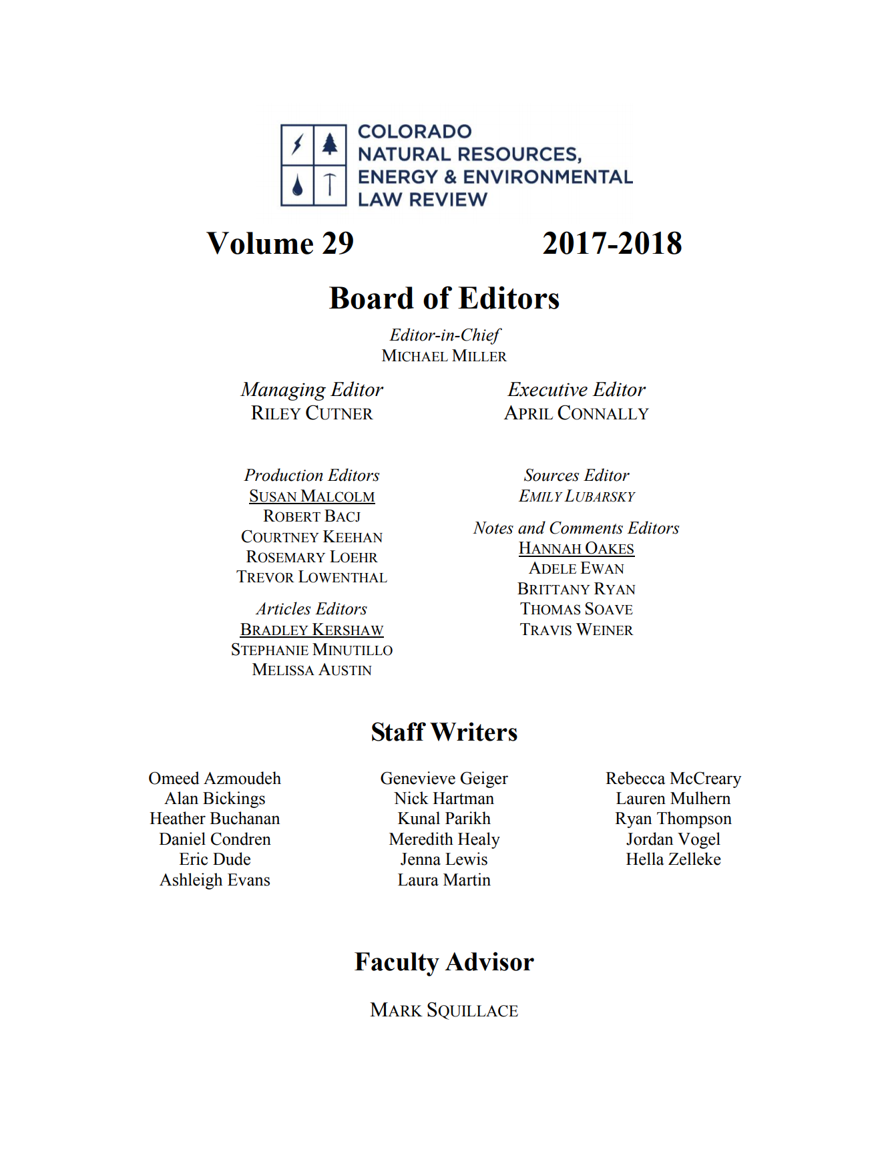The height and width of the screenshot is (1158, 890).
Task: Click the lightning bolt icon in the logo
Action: (x=297, y=144)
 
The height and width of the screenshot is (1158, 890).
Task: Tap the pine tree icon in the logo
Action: (x=330, y=144)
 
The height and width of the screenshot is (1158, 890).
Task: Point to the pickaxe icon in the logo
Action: (x=330, y=184)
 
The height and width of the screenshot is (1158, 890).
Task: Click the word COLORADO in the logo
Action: (x=415, y=132)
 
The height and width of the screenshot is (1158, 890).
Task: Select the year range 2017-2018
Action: (x=612, y=243)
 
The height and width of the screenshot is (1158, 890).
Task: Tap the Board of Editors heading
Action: (x=444, y=299)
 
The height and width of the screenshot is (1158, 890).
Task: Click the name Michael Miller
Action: (x=444, y=356)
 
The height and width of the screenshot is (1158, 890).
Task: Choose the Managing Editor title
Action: (x=312, y=389)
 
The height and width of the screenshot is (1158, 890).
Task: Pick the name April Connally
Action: (x=576, y=413)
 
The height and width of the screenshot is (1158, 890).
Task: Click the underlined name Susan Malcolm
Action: (x=312, y=496)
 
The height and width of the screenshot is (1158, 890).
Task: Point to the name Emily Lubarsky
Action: (x=576, y=496)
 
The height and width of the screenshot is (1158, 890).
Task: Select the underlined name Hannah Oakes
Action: (x=576, y=548)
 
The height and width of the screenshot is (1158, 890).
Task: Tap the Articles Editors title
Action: (x=312, y=609)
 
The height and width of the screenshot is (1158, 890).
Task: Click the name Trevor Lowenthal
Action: (x=312, y=577)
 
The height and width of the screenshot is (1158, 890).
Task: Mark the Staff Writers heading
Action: (x=444, y=732)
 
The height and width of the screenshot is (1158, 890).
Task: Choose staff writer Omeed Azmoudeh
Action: (x=214, y=779)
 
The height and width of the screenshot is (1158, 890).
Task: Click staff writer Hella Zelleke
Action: (x=673, y=859)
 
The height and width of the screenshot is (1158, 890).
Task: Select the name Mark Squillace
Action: (x=444, y=1010)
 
